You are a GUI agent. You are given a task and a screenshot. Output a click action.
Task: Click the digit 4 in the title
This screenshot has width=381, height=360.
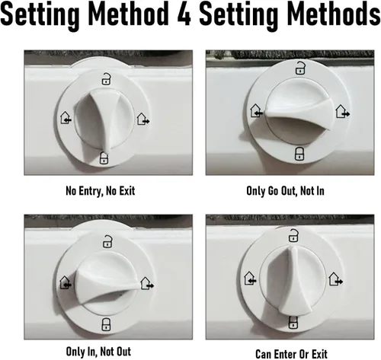point(184,13)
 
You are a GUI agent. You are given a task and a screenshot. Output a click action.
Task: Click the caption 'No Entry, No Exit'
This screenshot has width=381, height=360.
point(101,191)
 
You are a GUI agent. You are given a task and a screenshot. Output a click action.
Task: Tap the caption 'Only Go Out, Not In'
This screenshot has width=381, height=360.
point(285,191)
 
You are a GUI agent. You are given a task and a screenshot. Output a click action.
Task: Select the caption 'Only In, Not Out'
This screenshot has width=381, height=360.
point(98,352)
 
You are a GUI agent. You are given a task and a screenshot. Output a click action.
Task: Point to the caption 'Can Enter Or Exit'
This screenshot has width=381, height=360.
point(291,354)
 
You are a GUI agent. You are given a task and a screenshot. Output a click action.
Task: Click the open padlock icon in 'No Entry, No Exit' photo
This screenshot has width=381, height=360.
point(107,79)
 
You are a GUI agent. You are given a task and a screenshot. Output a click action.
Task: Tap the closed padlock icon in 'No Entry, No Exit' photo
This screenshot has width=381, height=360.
point(104,158)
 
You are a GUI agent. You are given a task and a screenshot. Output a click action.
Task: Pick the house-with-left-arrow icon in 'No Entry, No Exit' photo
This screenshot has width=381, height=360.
point(66,118)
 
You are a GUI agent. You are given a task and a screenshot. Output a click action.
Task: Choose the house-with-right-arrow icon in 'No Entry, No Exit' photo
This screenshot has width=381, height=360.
point(143,119)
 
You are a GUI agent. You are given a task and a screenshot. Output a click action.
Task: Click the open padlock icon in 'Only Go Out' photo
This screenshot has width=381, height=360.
point(300,68)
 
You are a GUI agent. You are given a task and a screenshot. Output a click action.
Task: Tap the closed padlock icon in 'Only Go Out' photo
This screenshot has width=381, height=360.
point(299,154)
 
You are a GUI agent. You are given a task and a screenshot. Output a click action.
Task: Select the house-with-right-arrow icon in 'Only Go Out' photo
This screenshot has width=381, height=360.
point(342,111)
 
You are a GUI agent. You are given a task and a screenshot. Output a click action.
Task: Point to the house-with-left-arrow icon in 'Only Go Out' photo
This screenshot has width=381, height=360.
point(256,110)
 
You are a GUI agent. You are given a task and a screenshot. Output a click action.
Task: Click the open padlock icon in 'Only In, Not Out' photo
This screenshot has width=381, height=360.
point(107,241)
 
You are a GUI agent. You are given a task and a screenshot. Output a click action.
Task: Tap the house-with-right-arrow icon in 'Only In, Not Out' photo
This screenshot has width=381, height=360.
point(147,283)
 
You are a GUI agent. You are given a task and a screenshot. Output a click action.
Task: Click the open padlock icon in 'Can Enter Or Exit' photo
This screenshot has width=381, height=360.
point(293,235)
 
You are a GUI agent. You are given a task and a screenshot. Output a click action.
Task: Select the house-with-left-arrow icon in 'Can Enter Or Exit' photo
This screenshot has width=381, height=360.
point(250,278)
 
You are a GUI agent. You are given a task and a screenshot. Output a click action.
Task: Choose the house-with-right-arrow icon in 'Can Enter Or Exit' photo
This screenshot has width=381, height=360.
point(335,279)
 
